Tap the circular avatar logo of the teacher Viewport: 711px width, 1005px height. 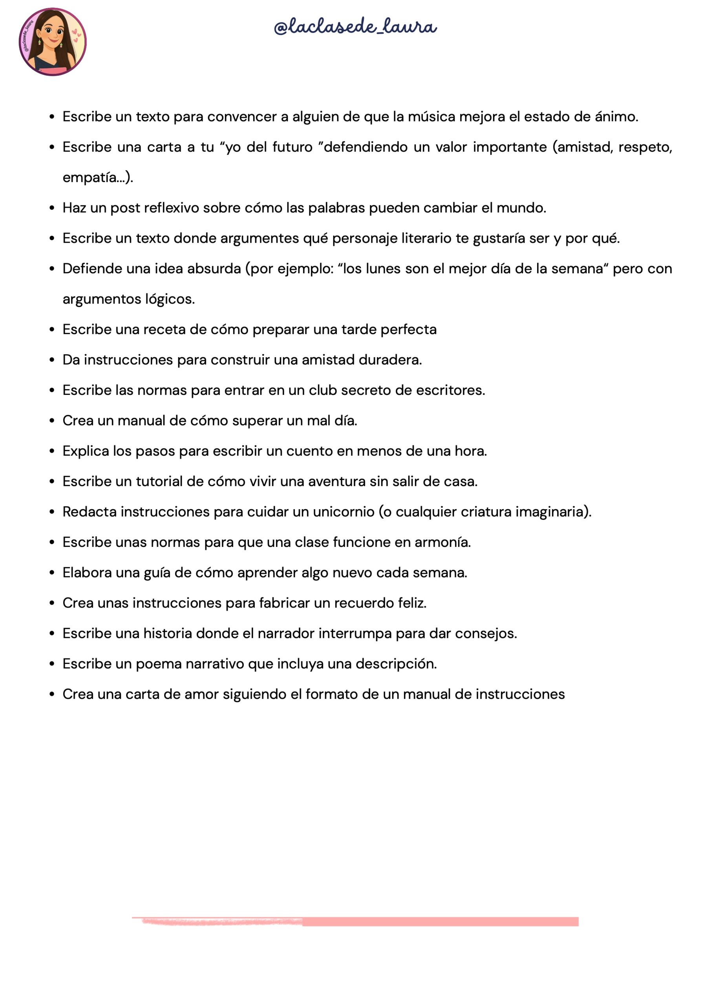tap(53, 42)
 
